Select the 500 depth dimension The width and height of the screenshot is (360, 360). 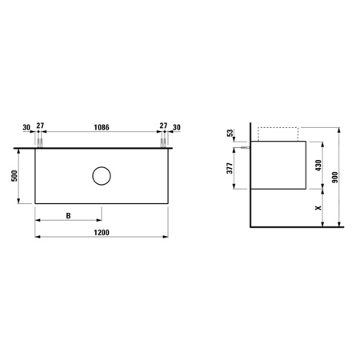tap(14, 177)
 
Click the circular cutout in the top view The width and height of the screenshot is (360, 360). tap(101, 177)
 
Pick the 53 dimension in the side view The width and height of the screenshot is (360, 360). tap(232, 133)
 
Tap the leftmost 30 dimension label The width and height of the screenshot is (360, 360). tap(26, 127)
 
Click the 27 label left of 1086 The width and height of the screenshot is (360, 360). tap(40, 127)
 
